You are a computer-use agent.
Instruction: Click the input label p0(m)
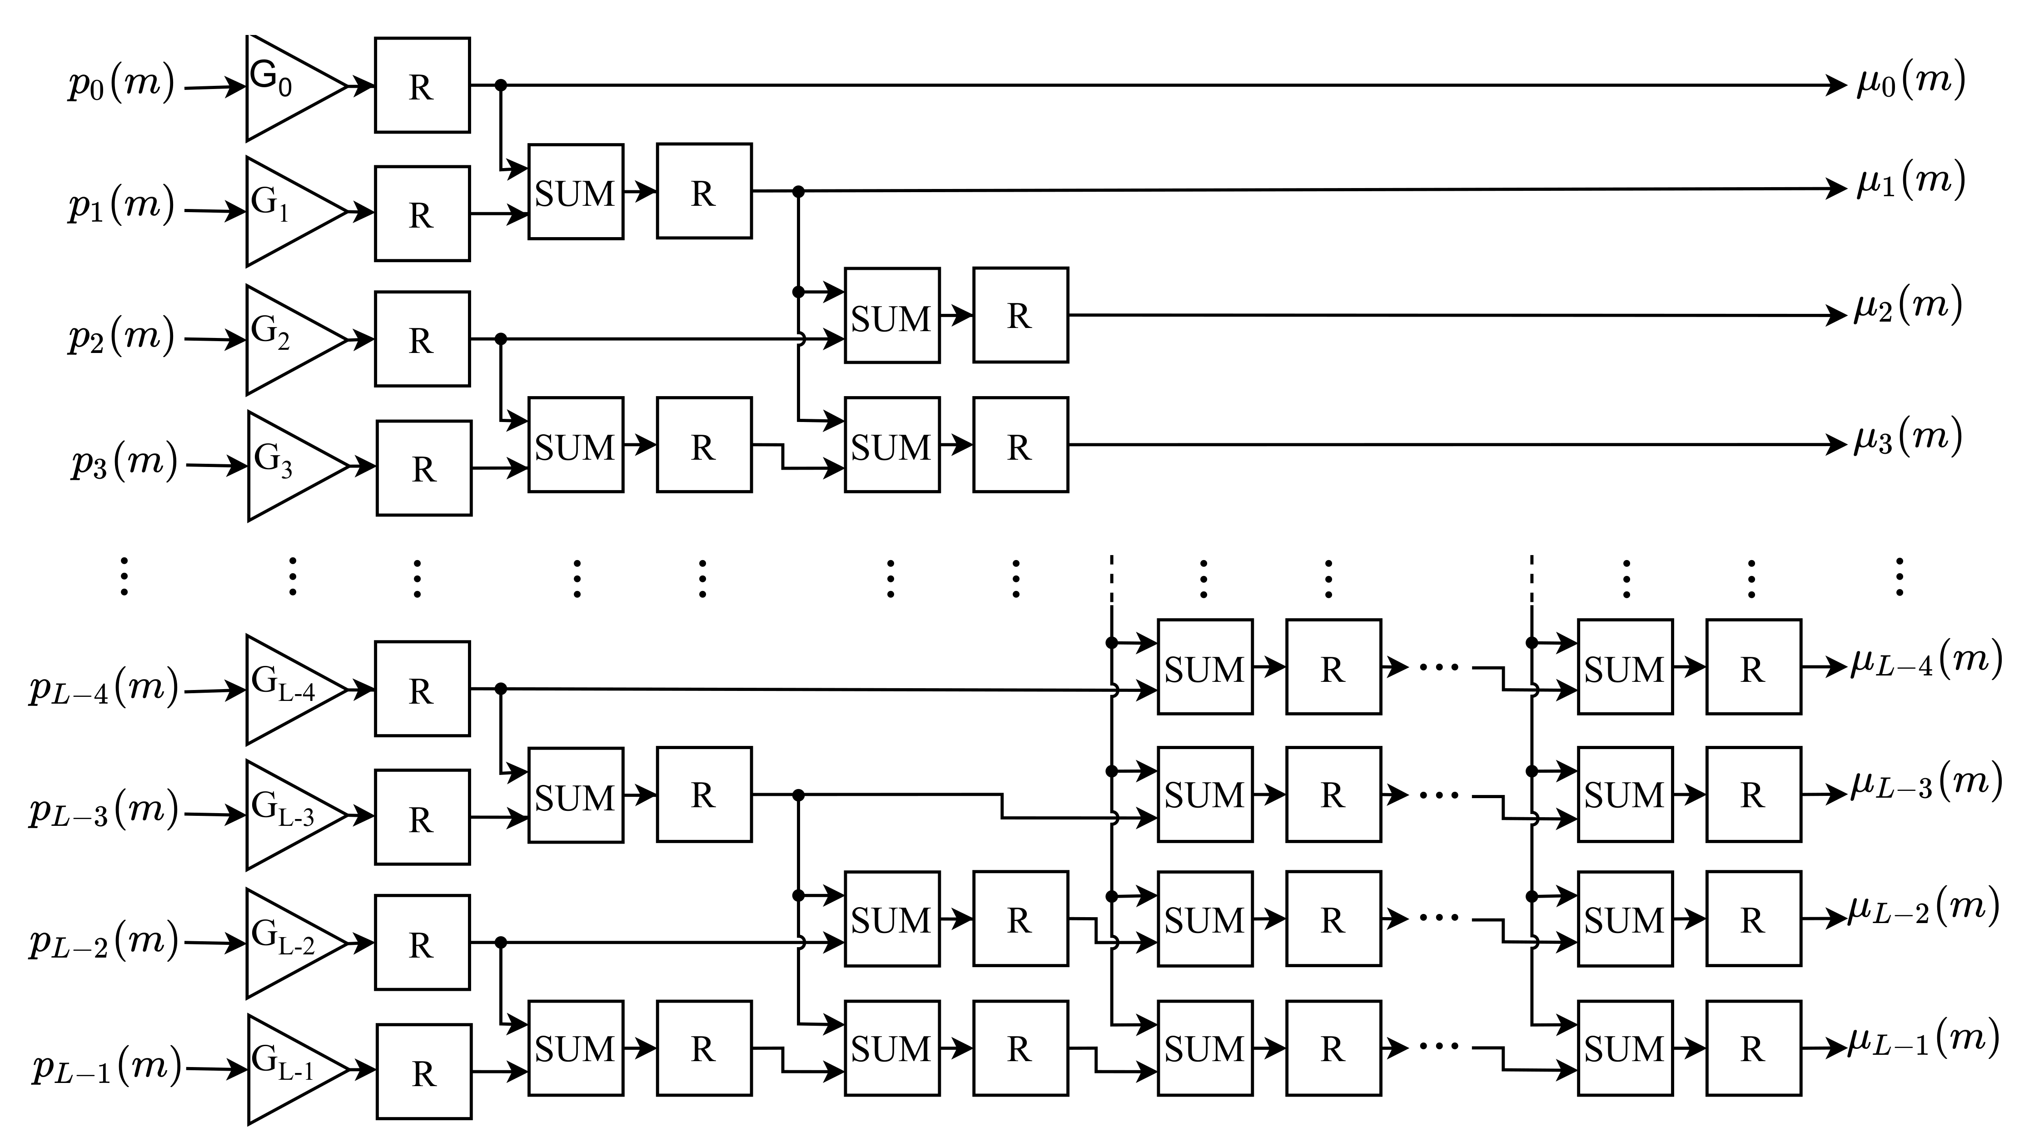(x=121, y=84)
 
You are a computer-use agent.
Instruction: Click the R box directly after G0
(x=422, y=85)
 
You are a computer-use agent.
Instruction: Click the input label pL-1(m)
(x=107, y=1067)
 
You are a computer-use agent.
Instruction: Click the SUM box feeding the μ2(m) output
(x=891, y=316)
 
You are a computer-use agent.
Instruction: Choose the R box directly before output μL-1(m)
(x=1753, y=1048)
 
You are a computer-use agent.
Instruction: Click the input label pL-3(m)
(x=104, y=811)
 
